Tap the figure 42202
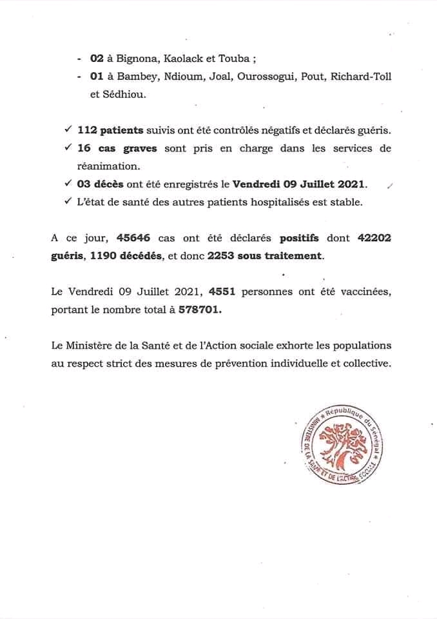373,238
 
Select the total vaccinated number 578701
200,309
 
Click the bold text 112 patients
110,130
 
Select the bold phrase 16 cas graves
117,148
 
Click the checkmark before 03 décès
68,184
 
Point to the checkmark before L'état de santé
68,202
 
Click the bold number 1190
105,256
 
